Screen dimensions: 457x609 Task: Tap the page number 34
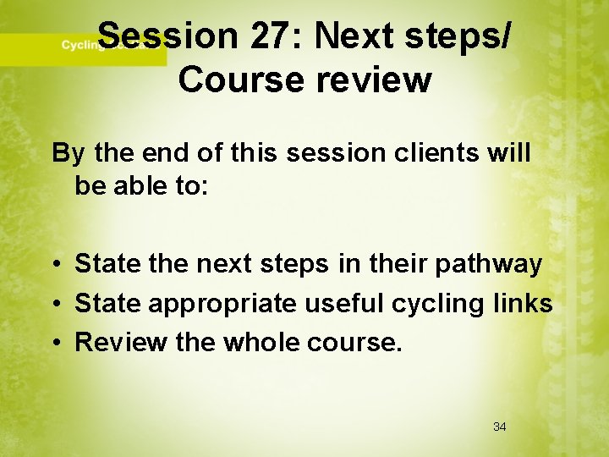click(499, 427)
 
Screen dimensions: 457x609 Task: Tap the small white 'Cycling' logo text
click(78, 46)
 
